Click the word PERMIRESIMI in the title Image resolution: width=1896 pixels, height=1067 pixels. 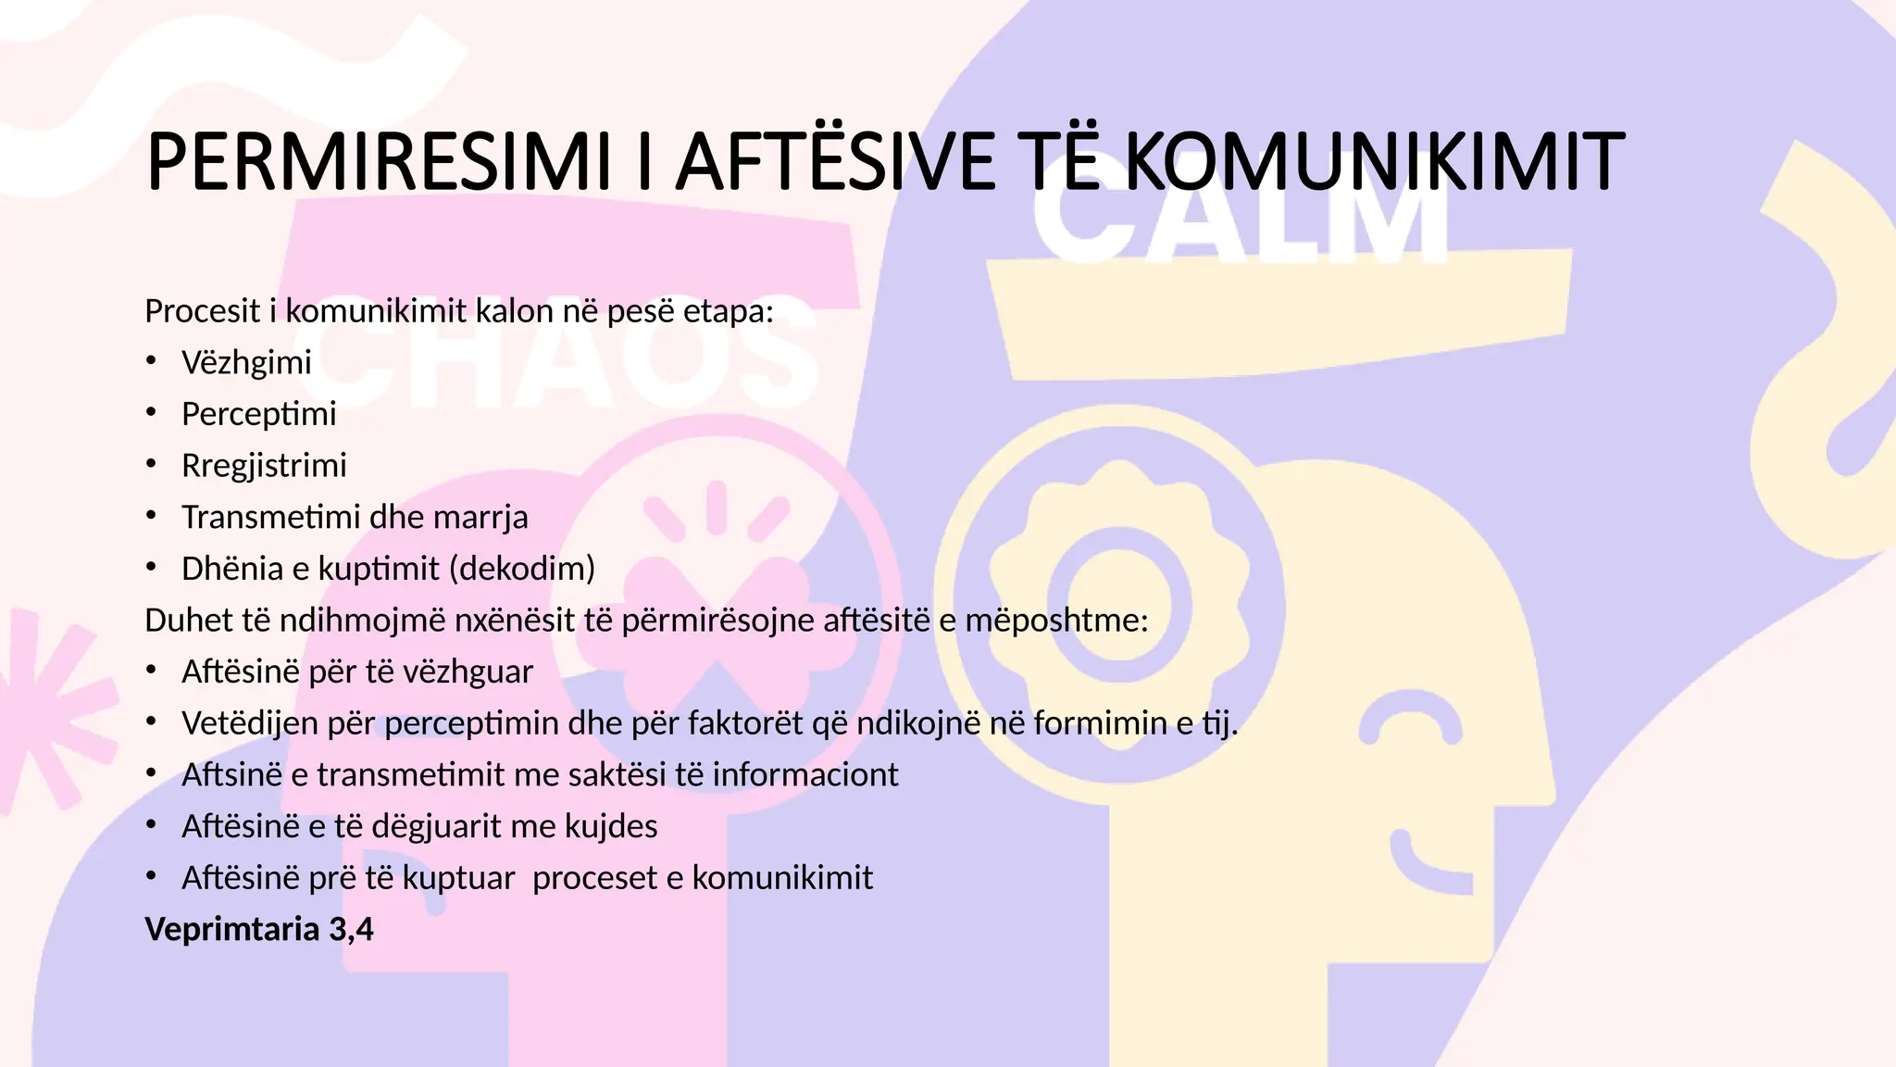pos(378,162)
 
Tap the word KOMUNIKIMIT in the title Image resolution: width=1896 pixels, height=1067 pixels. pos(1374,162)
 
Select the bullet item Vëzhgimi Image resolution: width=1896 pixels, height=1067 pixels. pos(246,362)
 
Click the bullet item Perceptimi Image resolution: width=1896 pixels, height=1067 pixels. pos(258,414)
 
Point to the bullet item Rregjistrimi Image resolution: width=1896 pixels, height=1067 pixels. pos(264,465)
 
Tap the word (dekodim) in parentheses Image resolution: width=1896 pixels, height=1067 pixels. pos(521,568)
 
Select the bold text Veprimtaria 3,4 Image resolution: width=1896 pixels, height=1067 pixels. pos(259,929)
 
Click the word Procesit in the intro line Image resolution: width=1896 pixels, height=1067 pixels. pos(202,311)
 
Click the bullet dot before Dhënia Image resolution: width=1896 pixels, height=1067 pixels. pos(151,568)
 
